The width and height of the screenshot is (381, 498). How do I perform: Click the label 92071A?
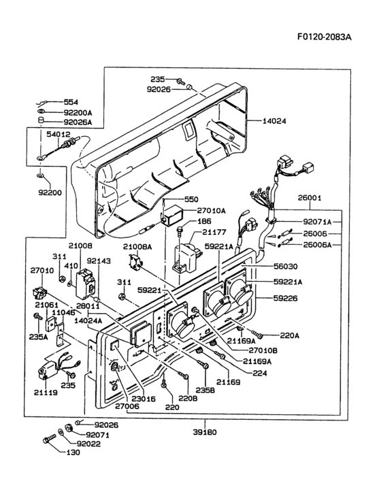click(318, 221)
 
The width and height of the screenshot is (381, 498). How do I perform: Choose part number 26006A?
click(318, 244)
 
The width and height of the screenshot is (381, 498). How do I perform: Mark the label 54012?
click(58, 135)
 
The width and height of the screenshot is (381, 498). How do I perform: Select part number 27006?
click(127, 405)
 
